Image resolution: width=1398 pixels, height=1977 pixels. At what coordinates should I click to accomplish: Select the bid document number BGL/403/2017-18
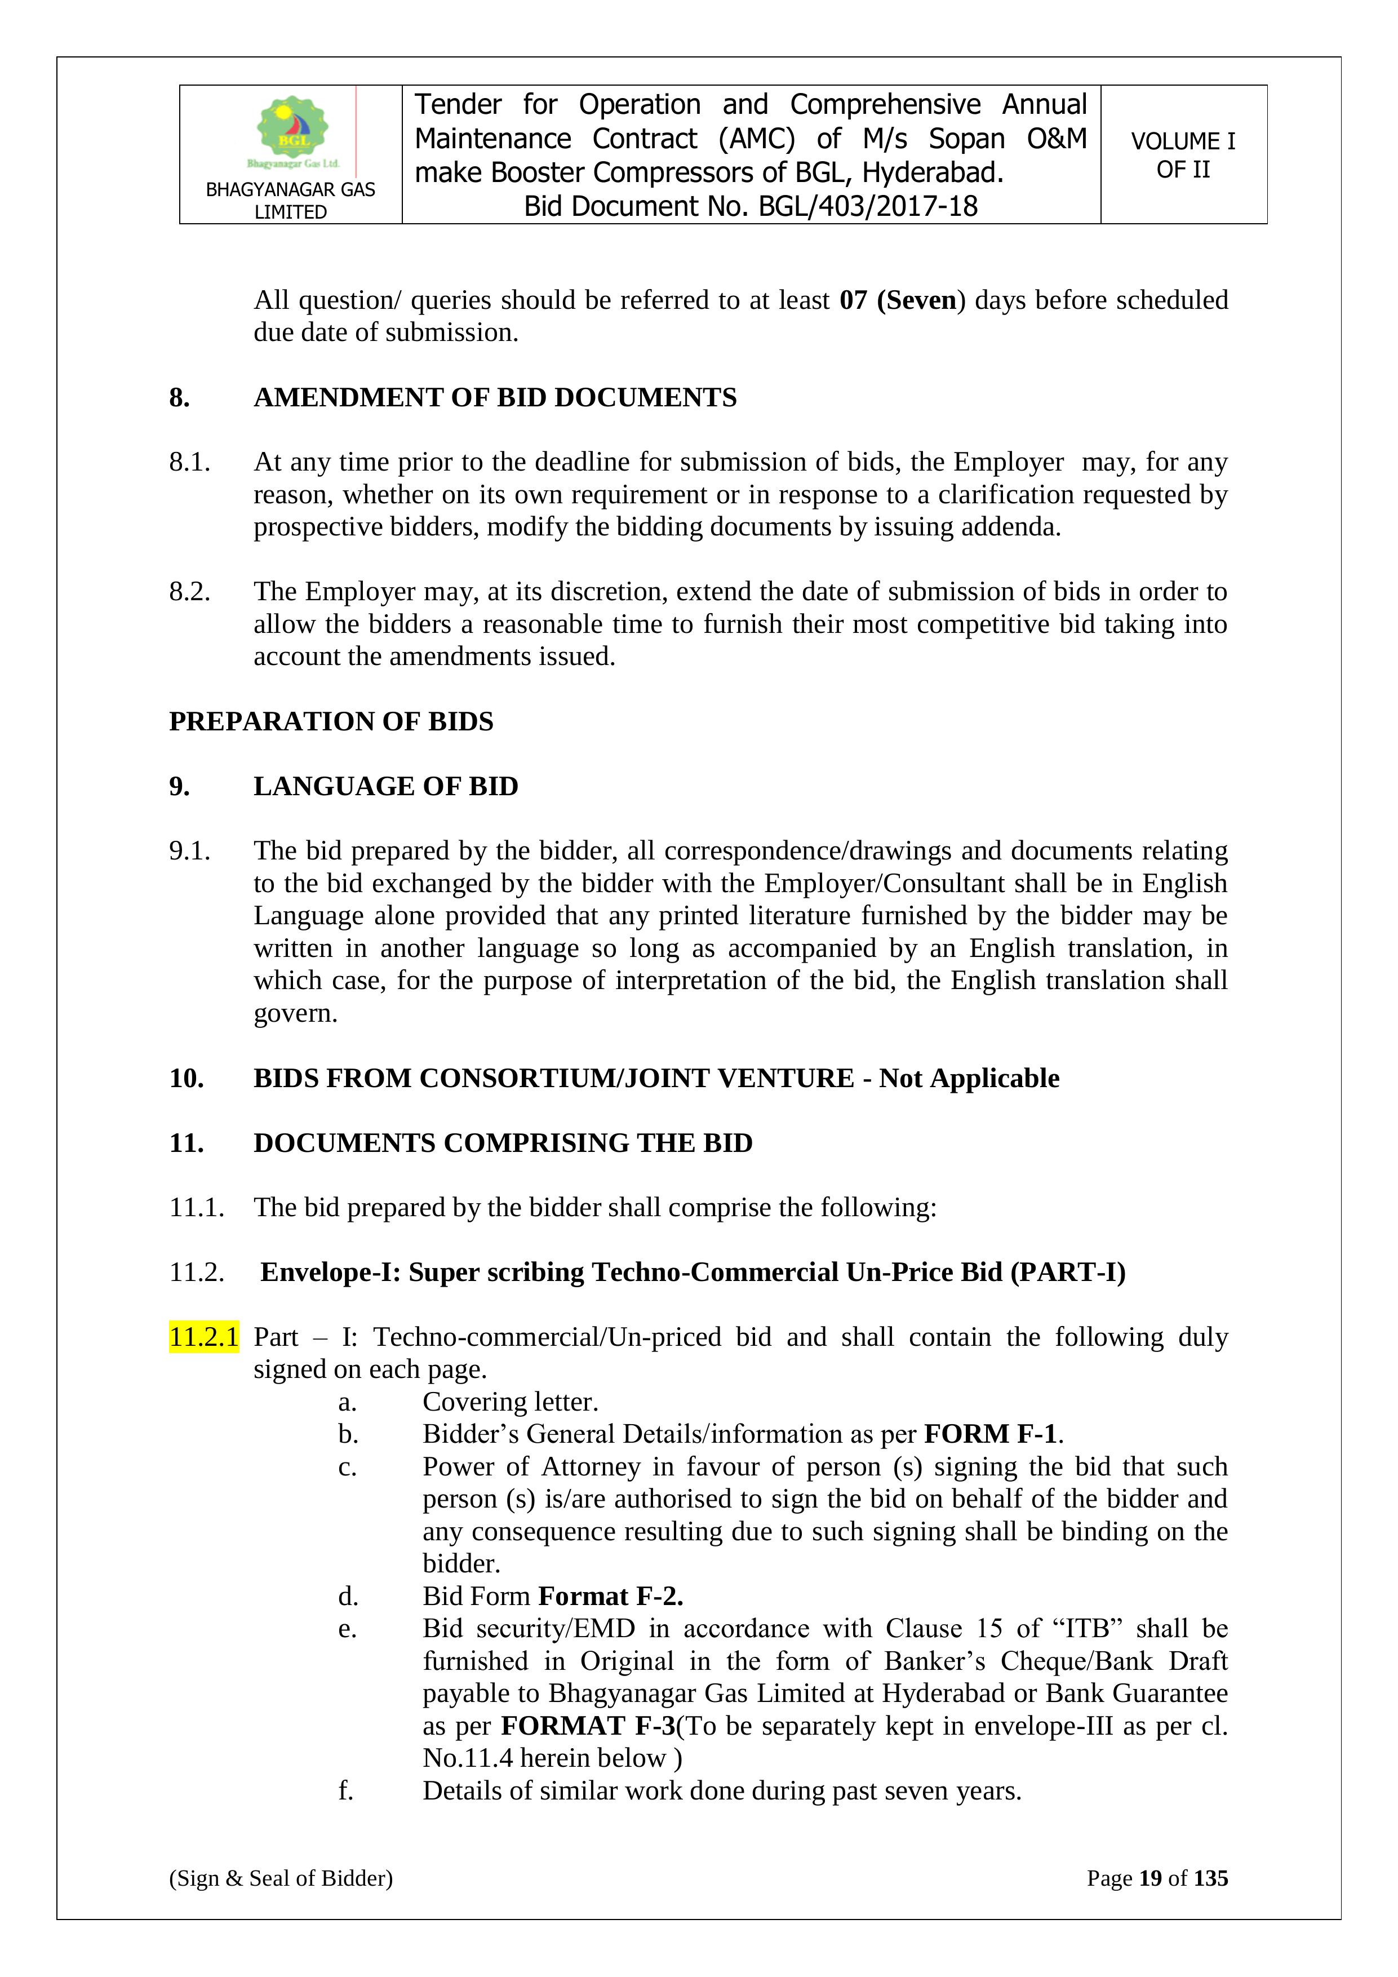[x=868, y=207]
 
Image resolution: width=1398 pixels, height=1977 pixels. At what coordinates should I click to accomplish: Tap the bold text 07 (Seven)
[x=902, y=300]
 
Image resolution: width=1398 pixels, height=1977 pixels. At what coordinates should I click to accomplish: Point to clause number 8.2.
[x=189, y=592]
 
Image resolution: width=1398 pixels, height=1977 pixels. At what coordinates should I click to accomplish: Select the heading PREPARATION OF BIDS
[x=331, y=721]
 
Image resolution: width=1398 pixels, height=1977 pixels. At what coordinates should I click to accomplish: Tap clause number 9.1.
[x=189, y=851]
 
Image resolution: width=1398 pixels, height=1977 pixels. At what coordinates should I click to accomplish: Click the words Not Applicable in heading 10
[x=969, y=1078]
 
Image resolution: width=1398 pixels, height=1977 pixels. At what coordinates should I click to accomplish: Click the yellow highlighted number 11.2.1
[x=204, y=1337]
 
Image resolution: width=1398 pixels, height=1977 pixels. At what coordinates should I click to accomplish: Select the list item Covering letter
[x=511, y=1402]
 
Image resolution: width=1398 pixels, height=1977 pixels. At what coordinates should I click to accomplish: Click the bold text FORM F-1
[x=991, y=1434]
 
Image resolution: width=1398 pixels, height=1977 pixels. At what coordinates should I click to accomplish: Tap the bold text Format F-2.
[x=610, y=1597]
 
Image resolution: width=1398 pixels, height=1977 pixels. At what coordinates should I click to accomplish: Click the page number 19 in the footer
[x=1151, y=1878]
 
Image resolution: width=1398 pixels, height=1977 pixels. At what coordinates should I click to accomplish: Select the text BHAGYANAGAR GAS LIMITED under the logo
[x=291, y=201]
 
